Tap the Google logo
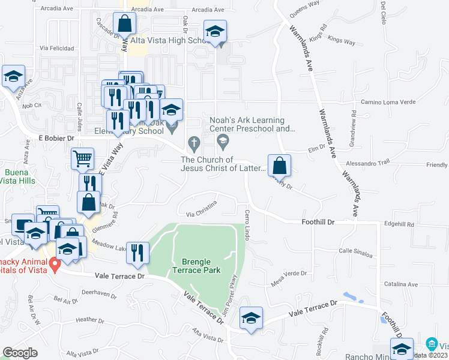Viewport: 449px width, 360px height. coord(20,353)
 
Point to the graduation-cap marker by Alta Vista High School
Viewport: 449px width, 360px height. coord(215,33)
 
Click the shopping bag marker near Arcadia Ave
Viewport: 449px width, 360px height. coord(124,25)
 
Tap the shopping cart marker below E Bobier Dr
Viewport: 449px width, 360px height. coord(82,159)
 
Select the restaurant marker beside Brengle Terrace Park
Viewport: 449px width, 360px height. coord(137,254)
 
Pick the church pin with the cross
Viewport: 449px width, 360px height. coord(193,143)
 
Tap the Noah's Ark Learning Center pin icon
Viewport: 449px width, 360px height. coord(223,142)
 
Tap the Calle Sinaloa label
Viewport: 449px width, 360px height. coord(355,251)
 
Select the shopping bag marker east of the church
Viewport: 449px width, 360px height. coord(279,166)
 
